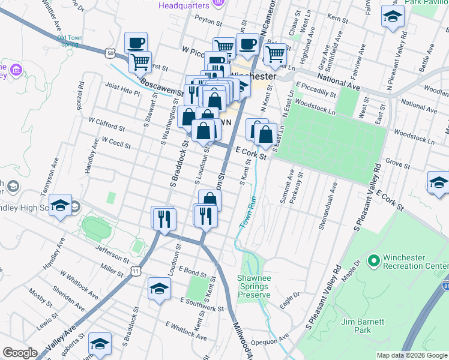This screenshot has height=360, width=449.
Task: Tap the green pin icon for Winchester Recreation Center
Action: pyautogui.click(x=373, y=260)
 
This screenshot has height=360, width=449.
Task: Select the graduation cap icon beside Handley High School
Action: pyautogui.click(x=60, y=206)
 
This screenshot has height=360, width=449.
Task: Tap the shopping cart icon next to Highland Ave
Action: pyautogui.click(x=275, y=54)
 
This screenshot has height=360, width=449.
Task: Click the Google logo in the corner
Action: pyautogui.click(x=20, y=353)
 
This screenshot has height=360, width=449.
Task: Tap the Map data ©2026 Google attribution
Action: pyautogui.click(x=412, y=355)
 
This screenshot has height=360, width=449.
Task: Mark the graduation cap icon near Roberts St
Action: pyautogui.click(x=100, y=344)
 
